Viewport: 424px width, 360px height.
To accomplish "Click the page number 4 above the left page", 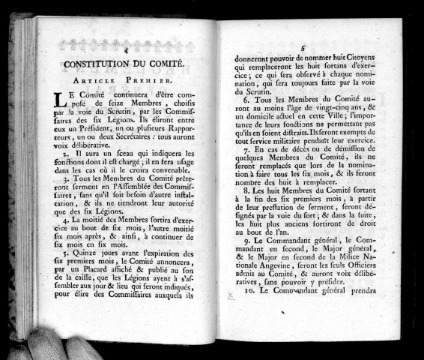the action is coord(127,49).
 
